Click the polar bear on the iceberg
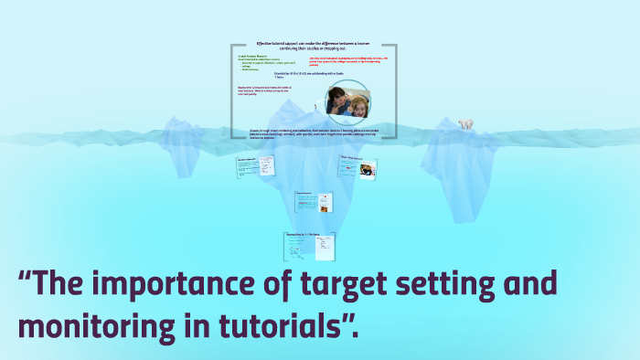click(465, 123)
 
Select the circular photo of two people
click(347, 101)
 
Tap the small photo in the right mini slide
click(365, 171)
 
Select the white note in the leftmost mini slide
click(265, 166)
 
